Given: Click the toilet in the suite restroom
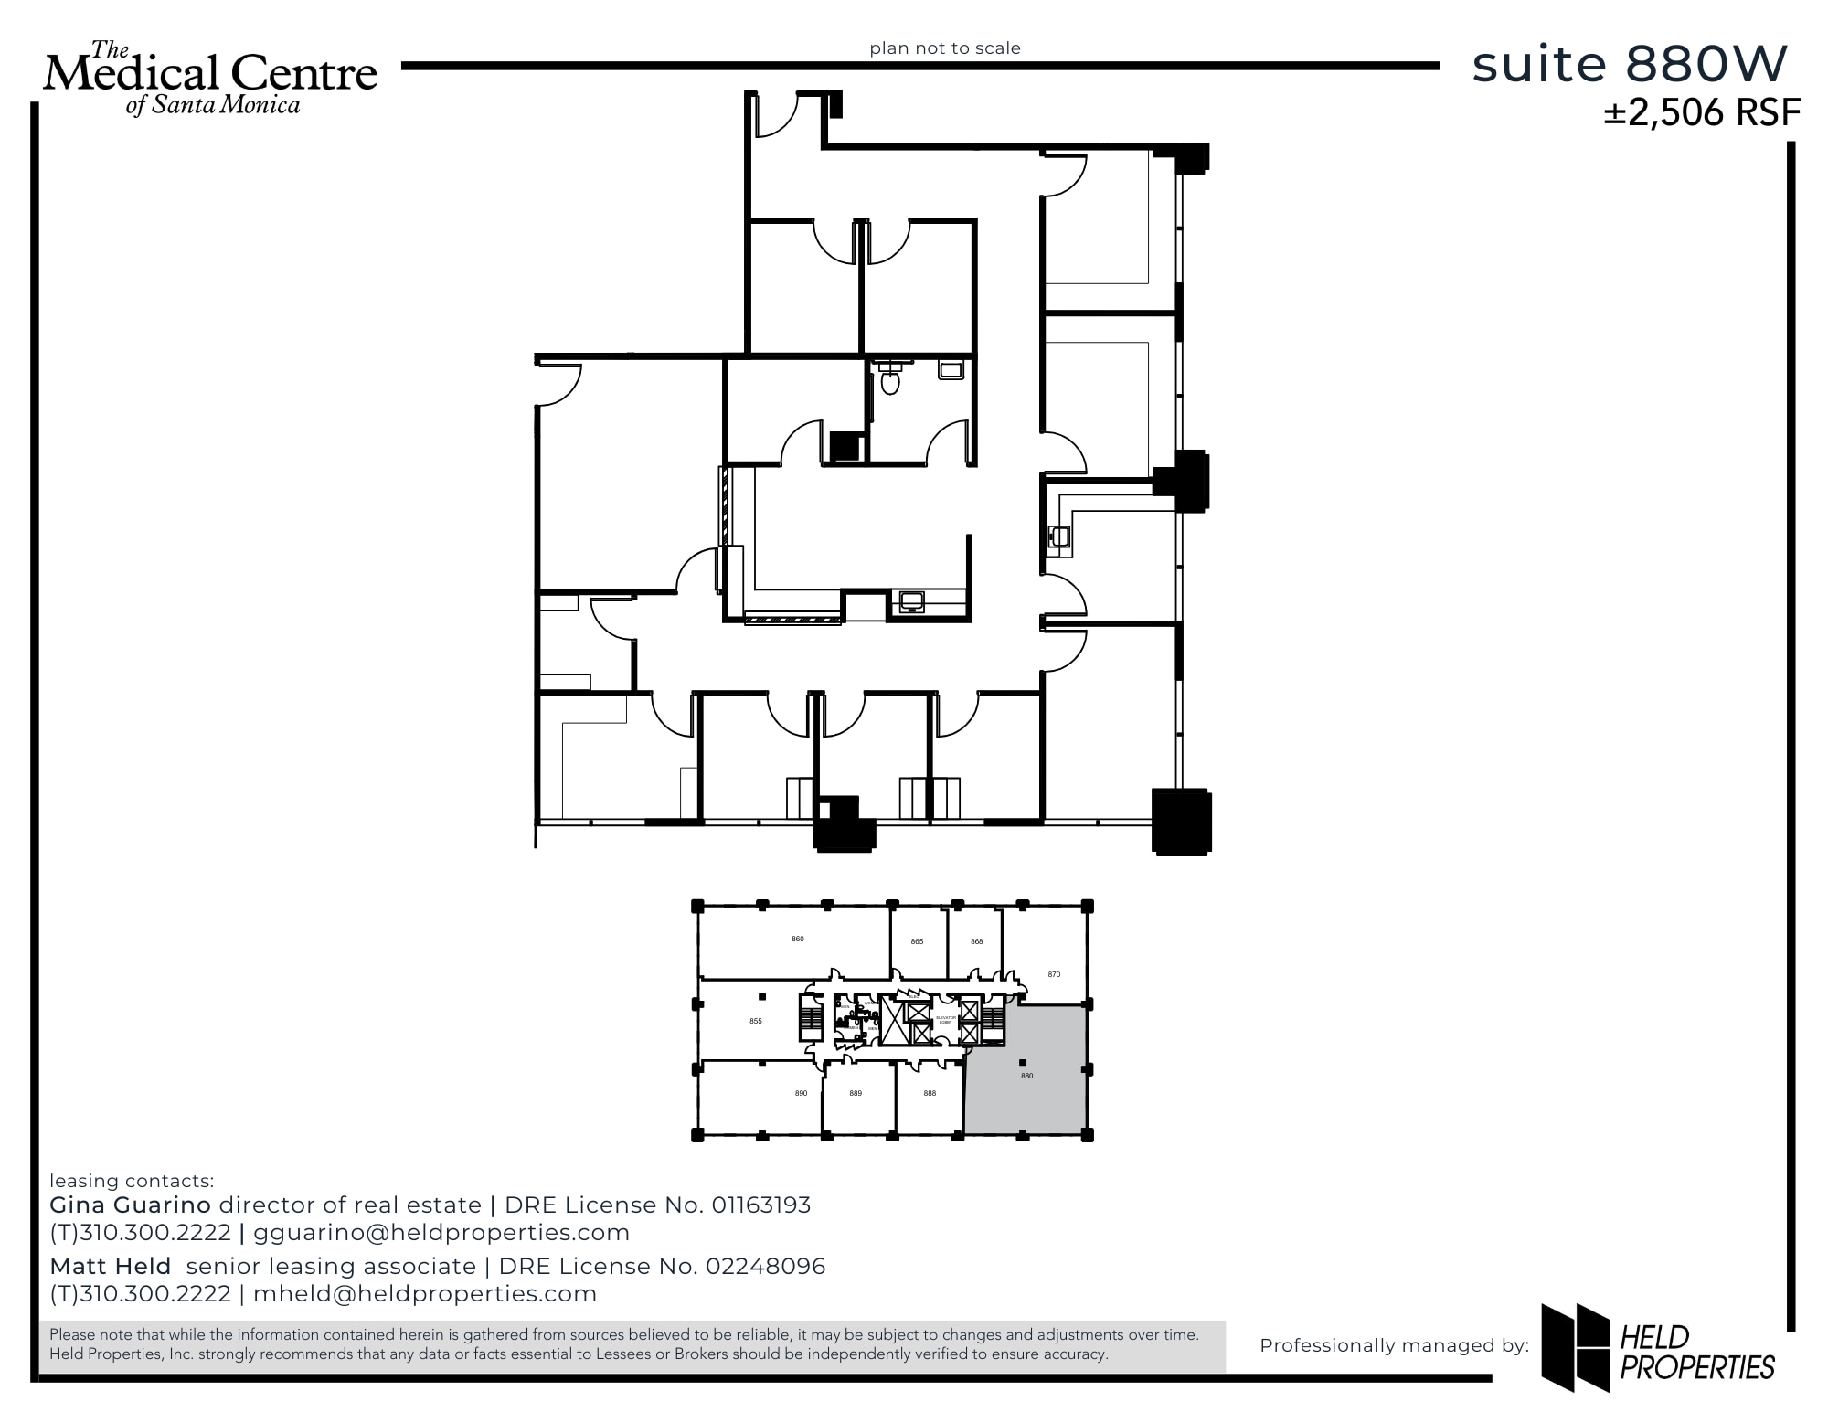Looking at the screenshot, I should [890, 379].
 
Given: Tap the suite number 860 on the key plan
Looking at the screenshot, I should [798, 939].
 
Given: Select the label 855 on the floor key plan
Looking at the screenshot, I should [756, 1021].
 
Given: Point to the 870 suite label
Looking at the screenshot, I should [1054, 974].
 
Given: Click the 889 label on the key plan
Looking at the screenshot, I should [856, 1093].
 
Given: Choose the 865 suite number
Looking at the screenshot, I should [917, 941].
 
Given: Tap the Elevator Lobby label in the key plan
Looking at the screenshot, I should [945, 1019].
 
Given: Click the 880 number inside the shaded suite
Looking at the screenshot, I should [1027, 1076].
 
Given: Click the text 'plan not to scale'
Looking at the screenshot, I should [945, 48].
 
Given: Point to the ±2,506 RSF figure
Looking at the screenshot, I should [1702, 113].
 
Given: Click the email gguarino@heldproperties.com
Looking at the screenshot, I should [441, 1233].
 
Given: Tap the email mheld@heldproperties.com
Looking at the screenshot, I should [425, 1294].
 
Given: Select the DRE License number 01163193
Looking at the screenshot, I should [760, 1205].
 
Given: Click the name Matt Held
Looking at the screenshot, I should [111, 1267].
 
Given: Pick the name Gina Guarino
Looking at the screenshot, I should [130, 1205].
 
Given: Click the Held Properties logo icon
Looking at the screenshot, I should [1575, 1346].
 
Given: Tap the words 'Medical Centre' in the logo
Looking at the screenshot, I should [210, 73].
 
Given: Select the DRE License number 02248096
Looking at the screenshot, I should [765, 1267].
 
